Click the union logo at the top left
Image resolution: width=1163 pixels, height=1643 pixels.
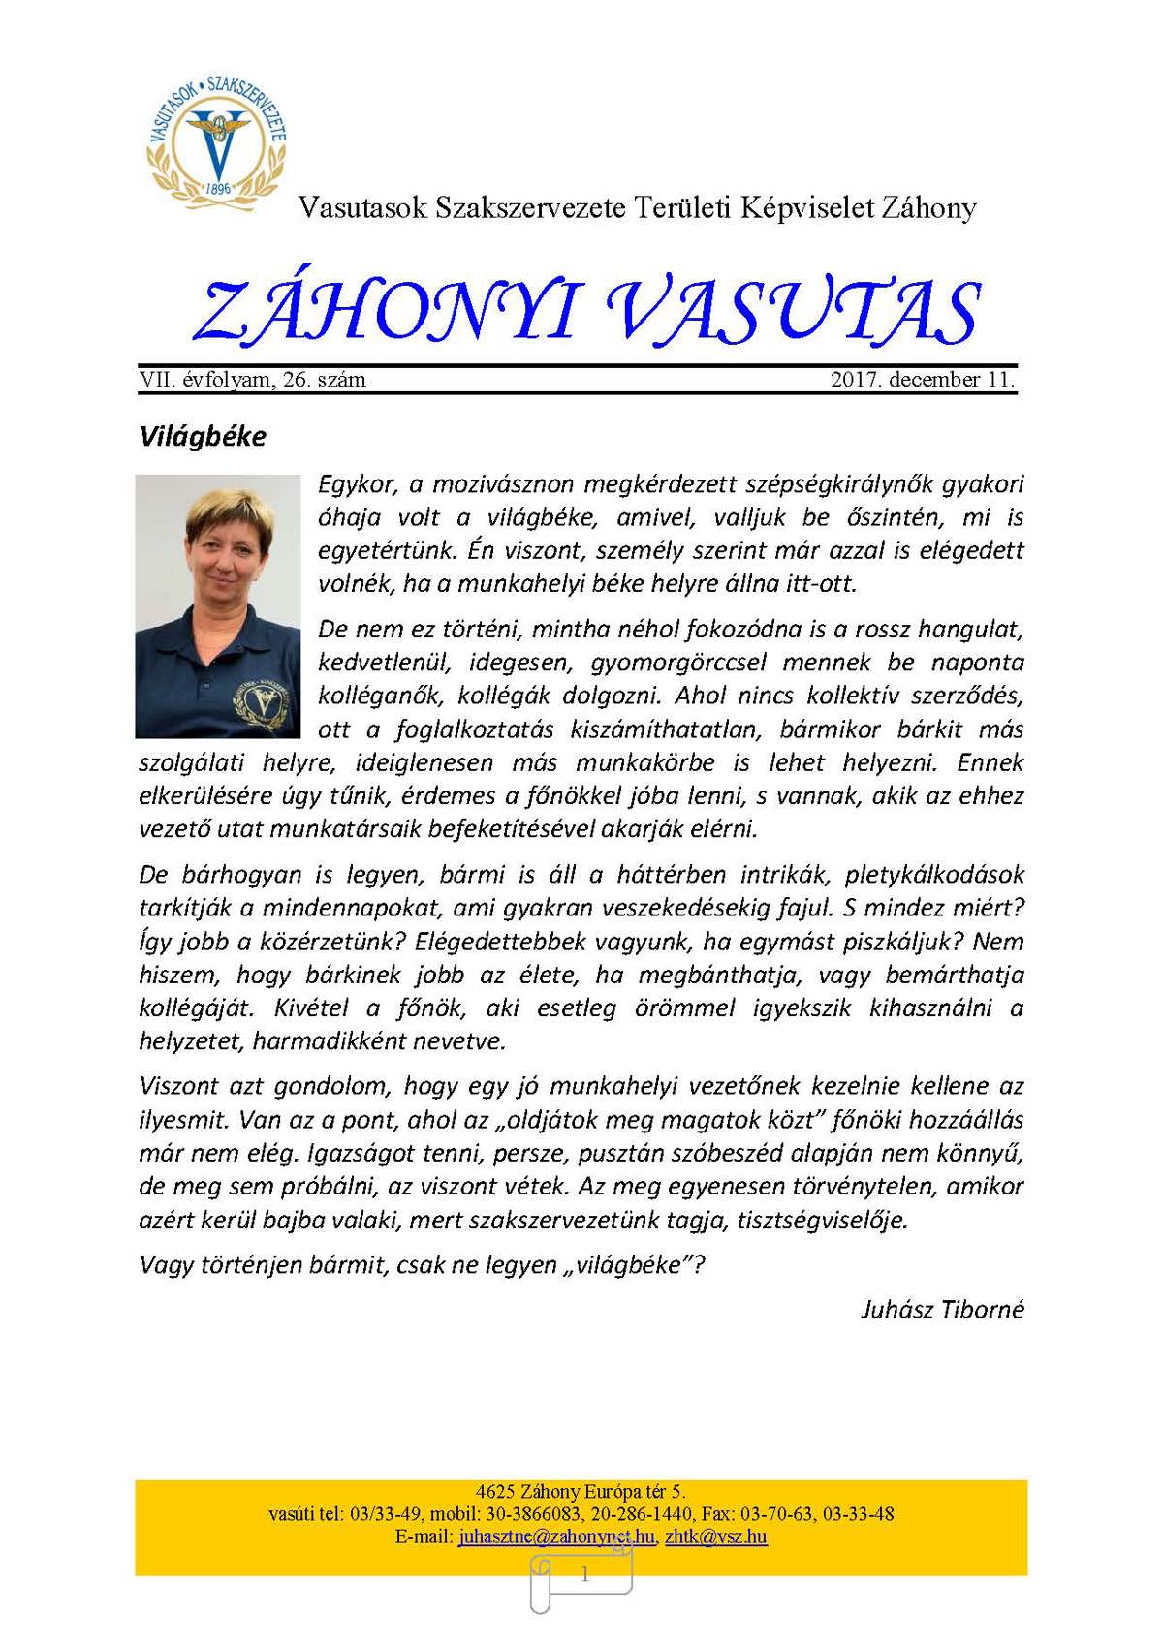point(218,137)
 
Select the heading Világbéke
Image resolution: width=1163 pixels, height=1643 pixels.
point(203,436)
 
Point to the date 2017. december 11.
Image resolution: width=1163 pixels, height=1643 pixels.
point(922,380)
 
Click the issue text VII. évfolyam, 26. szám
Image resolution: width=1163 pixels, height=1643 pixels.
point(253,380)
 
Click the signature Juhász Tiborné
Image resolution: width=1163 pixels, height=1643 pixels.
point(942,1310)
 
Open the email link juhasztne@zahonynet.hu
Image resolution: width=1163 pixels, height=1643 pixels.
point(556,1536)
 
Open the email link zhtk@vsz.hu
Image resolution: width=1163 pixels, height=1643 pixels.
point(716,1536)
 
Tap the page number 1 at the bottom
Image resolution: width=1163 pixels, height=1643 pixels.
point(584,1575)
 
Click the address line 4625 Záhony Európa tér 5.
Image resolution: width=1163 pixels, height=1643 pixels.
point(581,1492)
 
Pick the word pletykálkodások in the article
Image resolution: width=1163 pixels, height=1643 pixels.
point(934,875)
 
